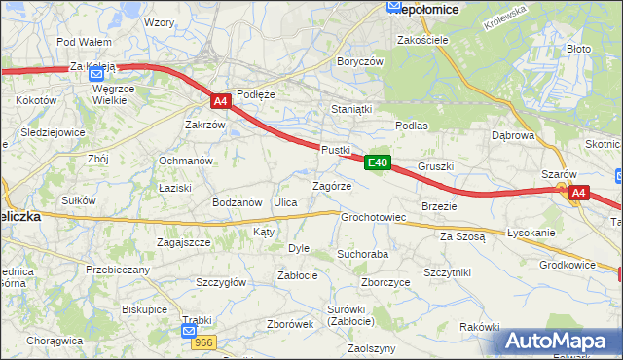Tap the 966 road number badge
tap(203, 342)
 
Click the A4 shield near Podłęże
tap(221, 100)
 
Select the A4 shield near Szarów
tap(578, 193)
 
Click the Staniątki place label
tap(351, 110)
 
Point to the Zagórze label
tap(331, 185)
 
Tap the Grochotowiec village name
tap(372, 217)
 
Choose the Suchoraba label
tap(362, 253)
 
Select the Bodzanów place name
tap(238, 202)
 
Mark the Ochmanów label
tap(186, 161)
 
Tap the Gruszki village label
tap(435, 166)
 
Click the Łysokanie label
tap(531, 234)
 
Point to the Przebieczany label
tap(118, 270)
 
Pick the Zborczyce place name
tap(385, 282)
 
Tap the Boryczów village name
tap(360, 60)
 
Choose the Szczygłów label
tap(221, 282)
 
